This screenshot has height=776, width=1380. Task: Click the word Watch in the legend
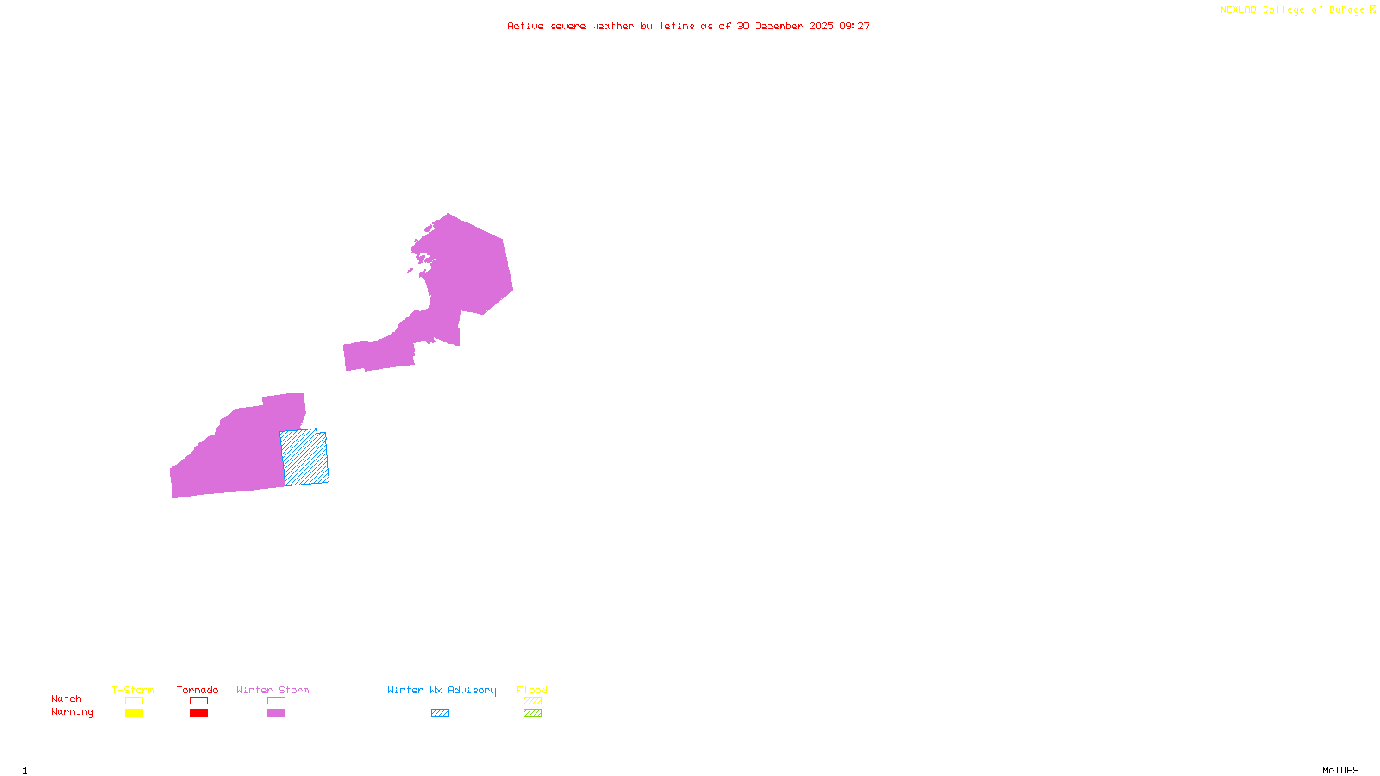(66, 698)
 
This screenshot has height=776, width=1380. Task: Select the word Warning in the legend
(72, 712)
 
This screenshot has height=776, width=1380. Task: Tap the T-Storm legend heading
(133, 690)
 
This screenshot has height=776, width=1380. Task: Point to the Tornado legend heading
(198, 690)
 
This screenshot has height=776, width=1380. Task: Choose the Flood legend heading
(532, 690)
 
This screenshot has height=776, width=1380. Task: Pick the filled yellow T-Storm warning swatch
(134, 713)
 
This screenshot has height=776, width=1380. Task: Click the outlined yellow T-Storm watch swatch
(134, 701)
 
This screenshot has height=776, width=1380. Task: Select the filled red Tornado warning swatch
(198, 713)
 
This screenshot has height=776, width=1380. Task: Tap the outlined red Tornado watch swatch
(198, 701)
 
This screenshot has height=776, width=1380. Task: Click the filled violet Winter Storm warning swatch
(276, 713)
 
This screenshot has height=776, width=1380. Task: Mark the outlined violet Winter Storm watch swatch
(276, 701)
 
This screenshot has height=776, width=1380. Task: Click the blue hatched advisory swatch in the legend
(440, 713)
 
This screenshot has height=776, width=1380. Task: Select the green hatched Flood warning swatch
(532, 713)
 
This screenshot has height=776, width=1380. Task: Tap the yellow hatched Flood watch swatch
(532, 701)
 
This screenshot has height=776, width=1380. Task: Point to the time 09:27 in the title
(855, 26)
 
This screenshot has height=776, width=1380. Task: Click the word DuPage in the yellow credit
(1346, 10)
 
